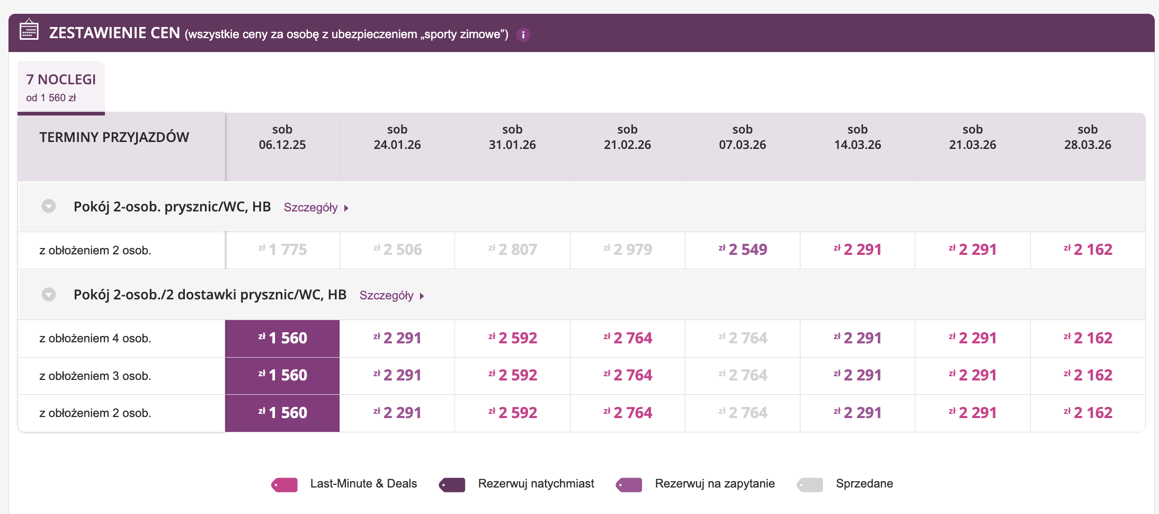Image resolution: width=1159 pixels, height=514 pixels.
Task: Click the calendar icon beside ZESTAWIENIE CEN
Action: (x=29, y=30)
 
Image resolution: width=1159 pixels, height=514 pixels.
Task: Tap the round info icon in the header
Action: (x=523, y=35)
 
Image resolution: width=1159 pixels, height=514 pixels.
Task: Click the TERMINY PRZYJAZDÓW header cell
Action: (x=114, y=137)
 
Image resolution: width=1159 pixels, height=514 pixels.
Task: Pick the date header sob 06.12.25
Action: (x=282, y=138)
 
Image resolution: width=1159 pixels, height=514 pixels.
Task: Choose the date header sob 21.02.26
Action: (x=627, y=138)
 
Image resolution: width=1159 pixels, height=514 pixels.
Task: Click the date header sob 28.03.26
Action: (x=1087, y=138)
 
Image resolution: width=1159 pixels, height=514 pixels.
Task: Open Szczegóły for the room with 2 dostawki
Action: (x=391, y=296)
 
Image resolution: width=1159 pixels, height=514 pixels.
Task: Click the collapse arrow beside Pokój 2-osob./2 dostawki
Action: (x=49, y=295)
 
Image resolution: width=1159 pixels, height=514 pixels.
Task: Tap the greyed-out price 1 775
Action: (x=282, y=250)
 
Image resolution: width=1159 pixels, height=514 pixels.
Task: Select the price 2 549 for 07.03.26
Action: (x=743, y=250)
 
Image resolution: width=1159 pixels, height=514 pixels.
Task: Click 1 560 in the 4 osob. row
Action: (x=282, y=338)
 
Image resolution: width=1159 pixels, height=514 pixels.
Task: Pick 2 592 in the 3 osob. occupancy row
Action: (x=512, y=375)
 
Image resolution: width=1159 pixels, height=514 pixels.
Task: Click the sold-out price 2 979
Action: (x=627, y=250)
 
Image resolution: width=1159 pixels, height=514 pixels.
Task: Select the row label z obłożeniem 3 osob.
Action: (x=95, y=376)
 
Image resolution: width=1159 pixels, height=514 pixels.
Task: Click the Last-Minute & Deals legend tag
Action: (x=285, y=484)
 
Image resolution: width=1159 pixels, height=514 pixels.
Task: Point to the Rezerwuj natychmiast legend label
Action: (x=536, y=484)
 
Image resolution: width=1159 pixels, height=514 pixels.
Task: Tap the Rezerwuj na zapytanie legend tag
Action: (x=629, y=484)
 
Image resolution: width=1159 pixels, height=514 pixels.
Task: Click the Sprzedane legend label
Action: (x=864, y=484)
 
